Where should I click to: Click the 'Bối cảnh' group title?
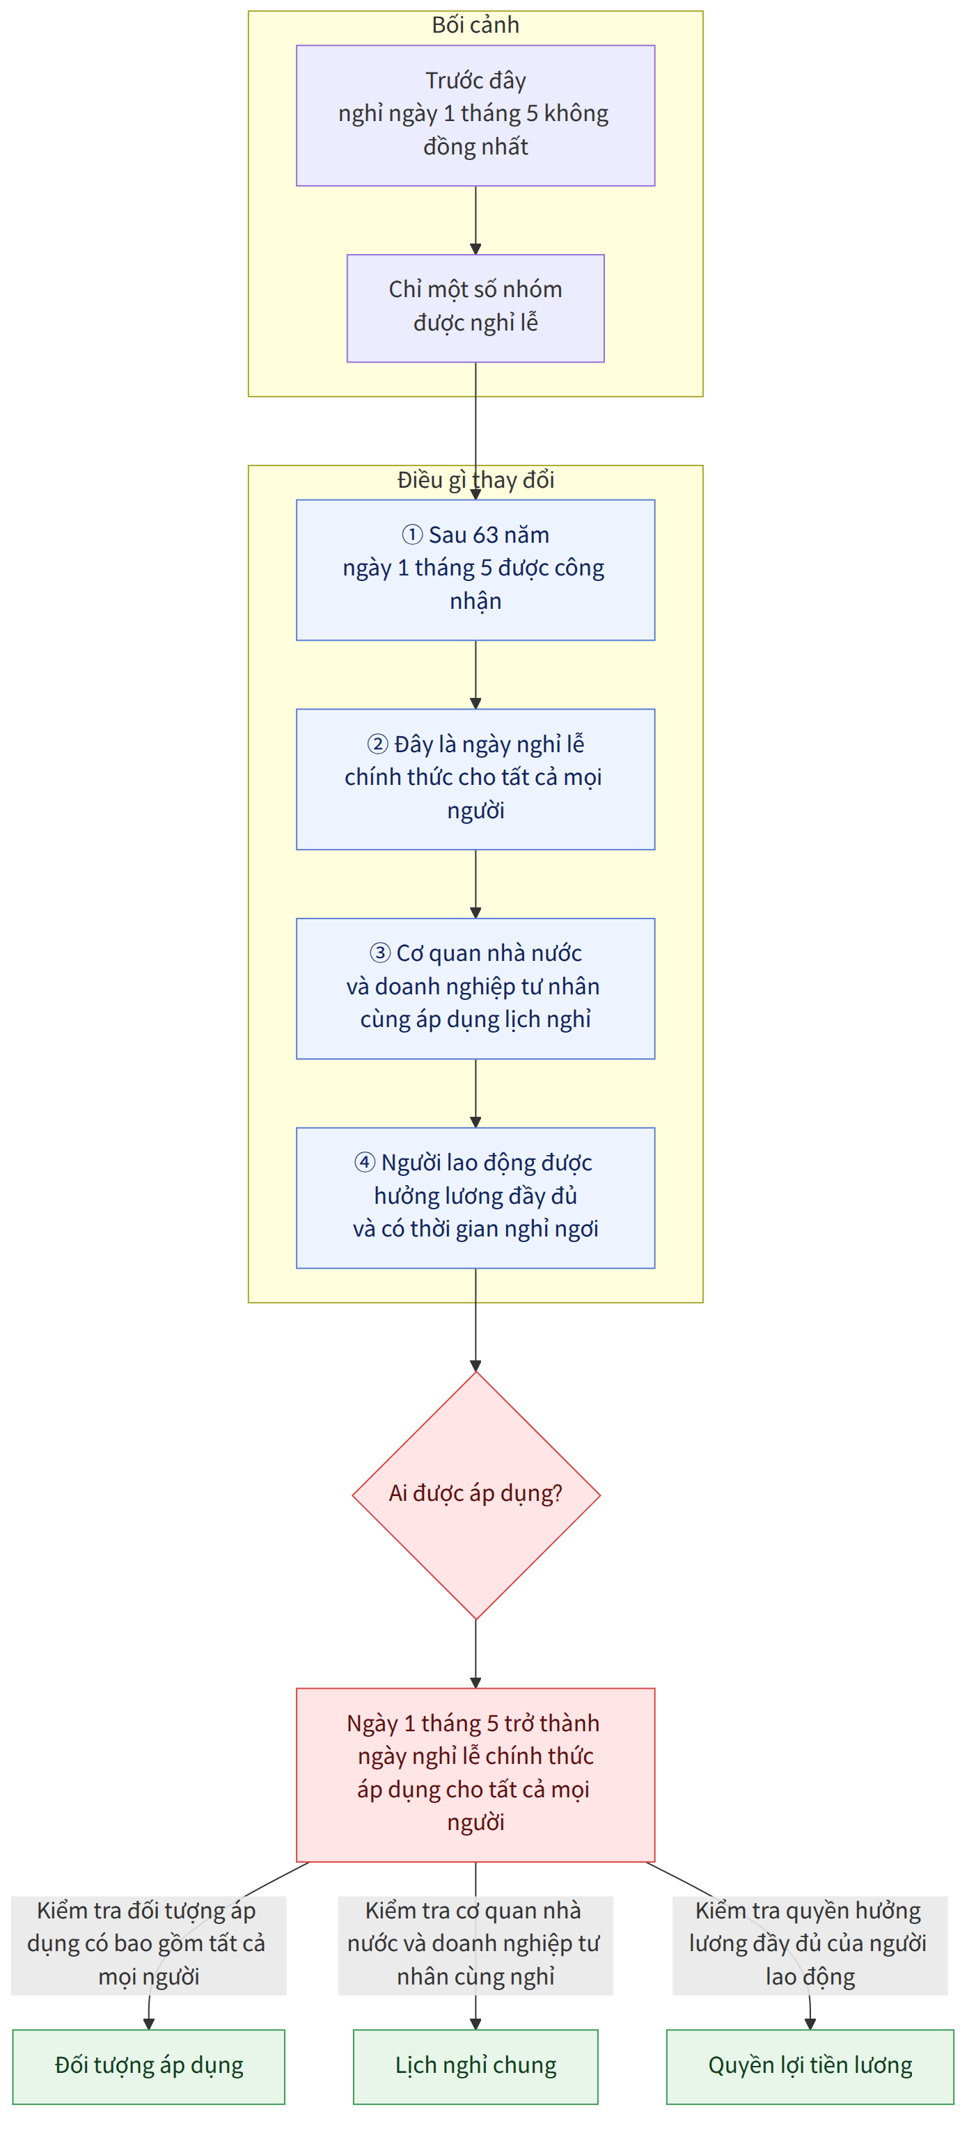(475, 25)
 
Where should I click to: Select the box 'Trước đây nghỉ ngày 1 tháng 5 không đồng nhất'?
(475, 116)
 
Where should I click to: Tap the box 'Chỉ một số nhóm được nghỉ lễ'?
(475, 308)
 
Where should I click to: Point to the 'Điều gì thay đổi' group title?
(475, 480)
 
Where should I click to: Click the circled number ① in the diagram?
(412, 534)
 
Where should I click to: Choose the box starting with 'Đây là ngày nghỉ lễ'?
(475, 779)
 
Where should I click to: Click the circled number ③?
(379, 953)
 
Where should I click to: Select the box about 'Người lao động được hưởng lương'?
(475, 1198)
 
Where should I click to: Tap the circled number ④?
(365, 1161)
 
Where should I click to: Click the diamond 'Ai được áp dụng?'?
(476, 1495)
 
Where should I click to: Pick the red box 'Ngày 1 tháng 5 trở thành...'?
(475, 1774)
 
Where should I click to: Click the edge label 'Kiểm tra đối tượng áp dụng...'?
(148, 1945)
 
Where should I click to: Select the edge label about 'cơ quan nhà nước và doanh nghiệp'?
(475, 1945)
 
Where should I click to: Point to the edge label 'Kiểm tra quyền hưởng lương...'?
(810, 1945)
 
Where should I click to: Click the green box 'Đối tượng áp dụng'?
(149, 2067)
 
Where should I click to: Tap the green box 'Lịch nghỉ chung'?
(475, 2067)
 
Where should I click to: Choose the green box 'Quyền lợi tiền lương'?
(810, 2067)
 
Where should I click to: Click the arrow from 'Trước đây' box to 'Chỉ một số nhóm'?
(475, 220)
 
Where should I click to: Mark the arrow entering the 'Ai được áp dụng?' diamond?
(475, 1320)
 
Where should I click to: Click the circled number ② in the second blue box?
(378, 744)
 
